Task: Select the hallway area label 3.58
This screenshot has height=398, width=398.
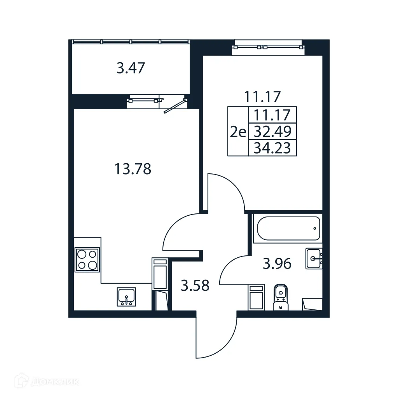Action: point(195,286)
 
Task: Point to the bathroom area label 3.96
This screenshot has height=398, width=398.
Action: point(277,264)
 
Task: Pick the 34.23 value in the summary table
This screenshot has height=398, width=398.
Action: point(272,148)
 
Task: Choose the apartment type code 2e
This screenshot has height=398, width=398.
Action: point(238,132)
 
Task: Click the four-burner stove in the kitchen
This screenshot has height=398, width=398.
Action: point(87,260)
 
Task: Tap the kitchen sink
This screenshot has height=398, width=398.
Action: point(126,297)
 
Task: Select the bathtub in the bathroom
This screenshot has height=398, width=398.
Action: point(288,228)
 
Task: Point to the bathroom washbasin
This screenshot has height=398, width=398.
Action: point(314,258)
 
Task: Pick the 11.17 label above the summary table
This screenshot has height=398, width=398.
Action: point(262,96)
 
